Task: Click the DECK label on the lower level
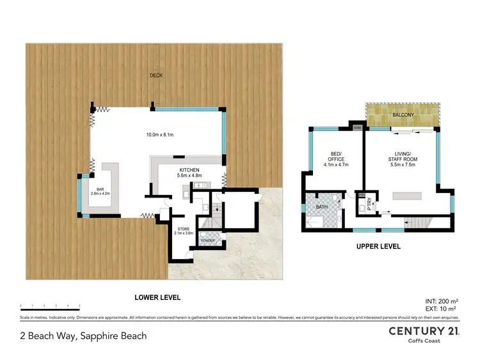point(156,75)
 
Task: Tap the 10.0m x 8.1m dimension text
point(158,135)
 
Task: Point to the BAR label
point(100,190)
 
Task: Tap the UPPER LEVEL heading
point(378,246)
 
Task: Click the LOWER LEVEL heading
point(157,297)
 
